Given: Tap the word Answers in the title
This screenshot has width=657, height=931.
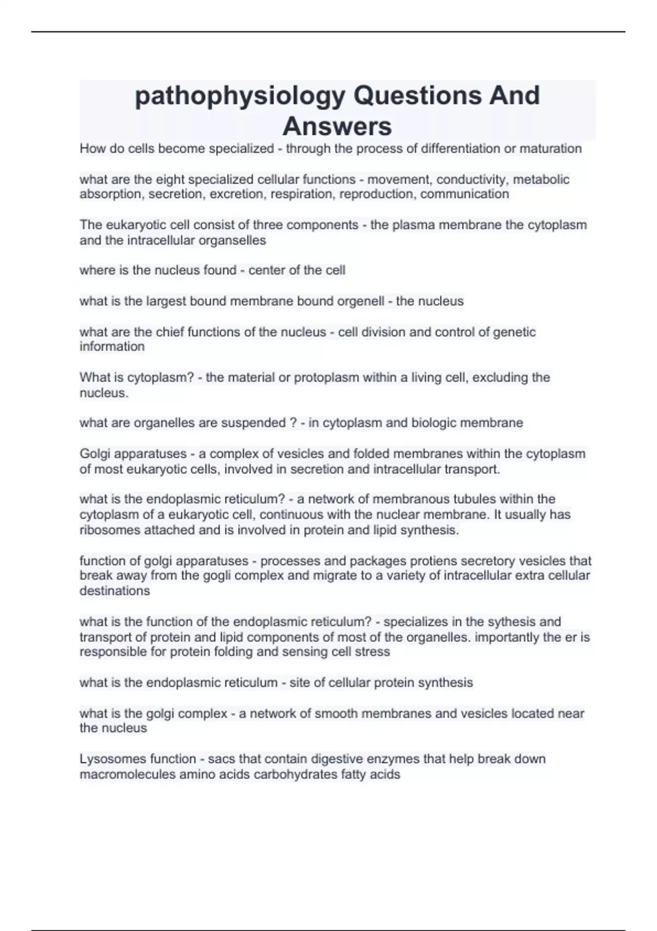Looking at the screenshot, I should pos(337,127).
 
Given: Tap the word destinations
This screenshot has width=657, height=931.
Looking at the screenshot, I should pos(114,591).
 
